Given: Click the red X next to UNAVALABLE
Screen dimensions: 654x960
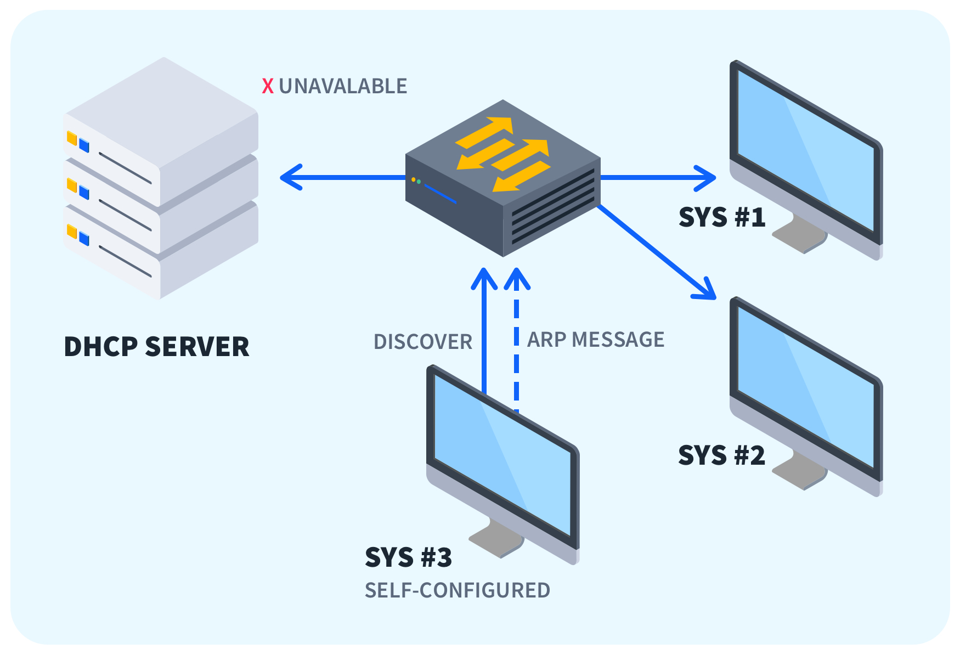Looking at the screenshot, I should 268,86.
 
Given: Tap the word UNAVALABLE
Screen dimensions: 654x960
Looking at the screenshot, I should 343,86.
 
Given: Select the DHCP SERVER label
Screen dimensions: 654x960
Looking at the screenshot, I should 156,347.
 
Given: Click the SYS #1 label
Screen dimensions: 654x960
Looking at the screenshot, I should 722,217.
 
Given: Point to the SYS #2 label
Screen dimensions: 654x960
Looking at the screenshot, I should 721,455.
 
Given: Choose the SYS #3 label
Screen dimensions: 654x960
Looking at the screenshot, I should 409,557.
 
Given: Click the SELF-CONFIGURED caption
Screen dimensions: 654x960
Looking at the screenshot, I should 457,590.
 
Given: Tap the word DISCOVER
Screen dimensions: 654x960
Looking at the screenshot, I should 422,342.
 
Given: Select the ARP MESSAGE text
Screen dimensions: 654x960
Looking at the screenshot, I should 596,340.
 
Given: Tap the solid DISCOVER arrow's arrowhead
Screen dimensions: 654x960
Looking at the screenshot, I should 484,278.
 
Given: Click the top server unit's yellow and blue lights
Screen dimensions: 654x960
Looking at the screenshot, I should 78,142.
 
